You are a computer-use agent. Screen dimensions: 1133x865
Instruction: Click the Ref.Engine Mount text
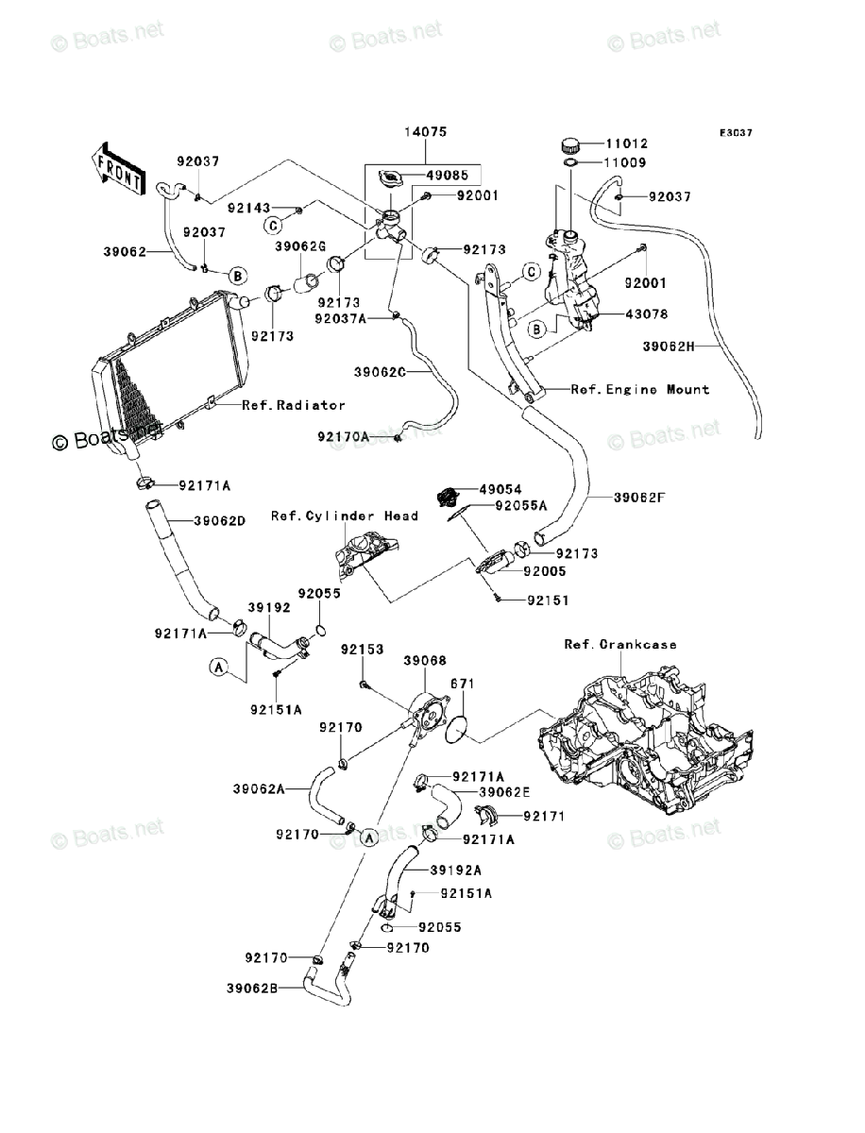click(639, 389)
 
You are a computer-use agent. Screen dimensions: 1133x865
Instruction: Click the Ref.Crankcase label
click(619, 645)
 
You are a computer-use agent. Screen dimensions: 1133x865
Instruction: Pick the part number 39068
click(425, 661)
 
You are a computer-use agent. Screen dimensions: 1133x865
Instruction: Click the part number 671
click(461, 684)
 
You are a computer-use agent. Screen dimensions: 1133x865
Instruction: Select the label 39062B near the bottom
click(251, 989)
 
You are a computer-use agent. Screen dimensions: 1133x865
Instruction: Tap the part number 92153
click(363, 651)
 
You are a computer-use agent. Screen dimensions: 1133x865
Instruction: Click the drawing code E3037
click(736, 134)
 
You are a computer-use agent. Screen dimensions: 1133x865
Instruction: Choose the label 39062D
click(220, 521)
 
